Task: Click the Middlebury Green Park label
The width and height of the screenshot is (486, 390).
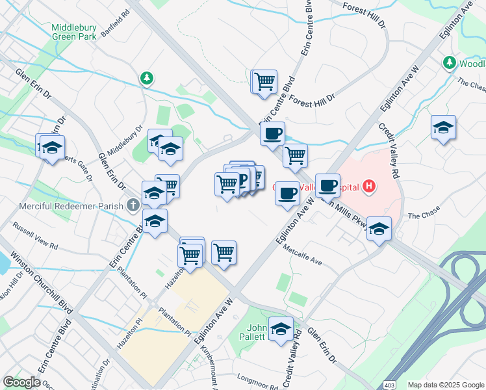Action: pyautogui.click(x=74, y=32)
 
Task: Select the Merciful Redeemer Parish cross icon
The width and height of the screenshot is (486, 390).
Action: pyautogui.click(x=133, y=205)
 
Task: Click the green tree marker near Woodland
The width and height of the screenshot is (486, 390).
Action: pyautogui.click(x=449, y=62)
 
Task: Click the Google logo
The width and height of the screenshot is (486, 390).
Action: pyautogui.click(x=22, y=382)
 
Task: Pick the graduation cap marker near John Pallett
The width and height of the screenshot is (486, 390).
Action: pyautogui.click(x=281, y=328)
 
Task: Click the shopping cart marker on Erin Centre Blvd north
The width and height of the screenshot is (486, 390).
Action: pyautogui.click(x=264, y=82)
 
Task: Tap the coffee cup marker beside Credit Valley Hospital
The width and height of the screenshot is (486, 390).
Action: pyautogui.click(x=328, y=185)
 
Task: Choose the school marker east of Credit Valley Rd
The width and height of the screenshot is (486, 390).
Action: pyautogui.click(x=443, y=127)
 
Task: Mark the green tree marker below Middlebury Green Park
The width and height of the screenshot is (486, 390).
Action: pyautogui.click(x=147, y=79)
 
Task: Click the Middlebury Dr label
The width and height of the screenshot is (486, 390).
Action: pyautogui.click(x=125, y=140)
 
